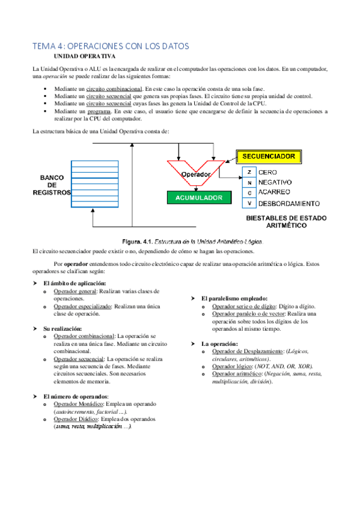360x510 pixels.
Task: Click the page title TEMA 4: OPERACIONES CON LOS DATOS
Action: pos(111,46)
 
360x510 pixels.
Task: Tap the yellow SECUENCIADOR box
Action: pos(269,156)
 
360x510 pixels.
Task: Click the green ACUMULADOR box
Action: pos(198,197)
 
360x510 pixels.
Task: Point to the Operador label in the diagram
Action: pos(195,174)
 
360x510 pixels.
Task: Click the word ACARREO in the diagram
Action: pos(276,192)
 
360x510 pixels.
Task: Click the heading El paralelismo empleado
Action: pos(234,298)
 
